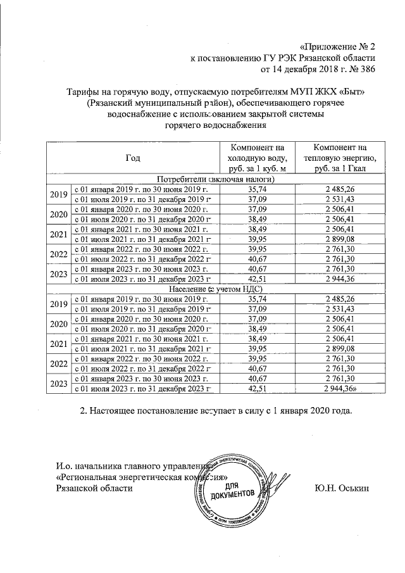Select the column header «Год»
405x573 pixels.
click(132, 158)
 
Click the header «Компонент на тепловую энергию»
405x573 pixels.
click(339, 158)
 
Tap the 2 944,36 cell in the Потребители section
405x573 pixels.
click(339, 279)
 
